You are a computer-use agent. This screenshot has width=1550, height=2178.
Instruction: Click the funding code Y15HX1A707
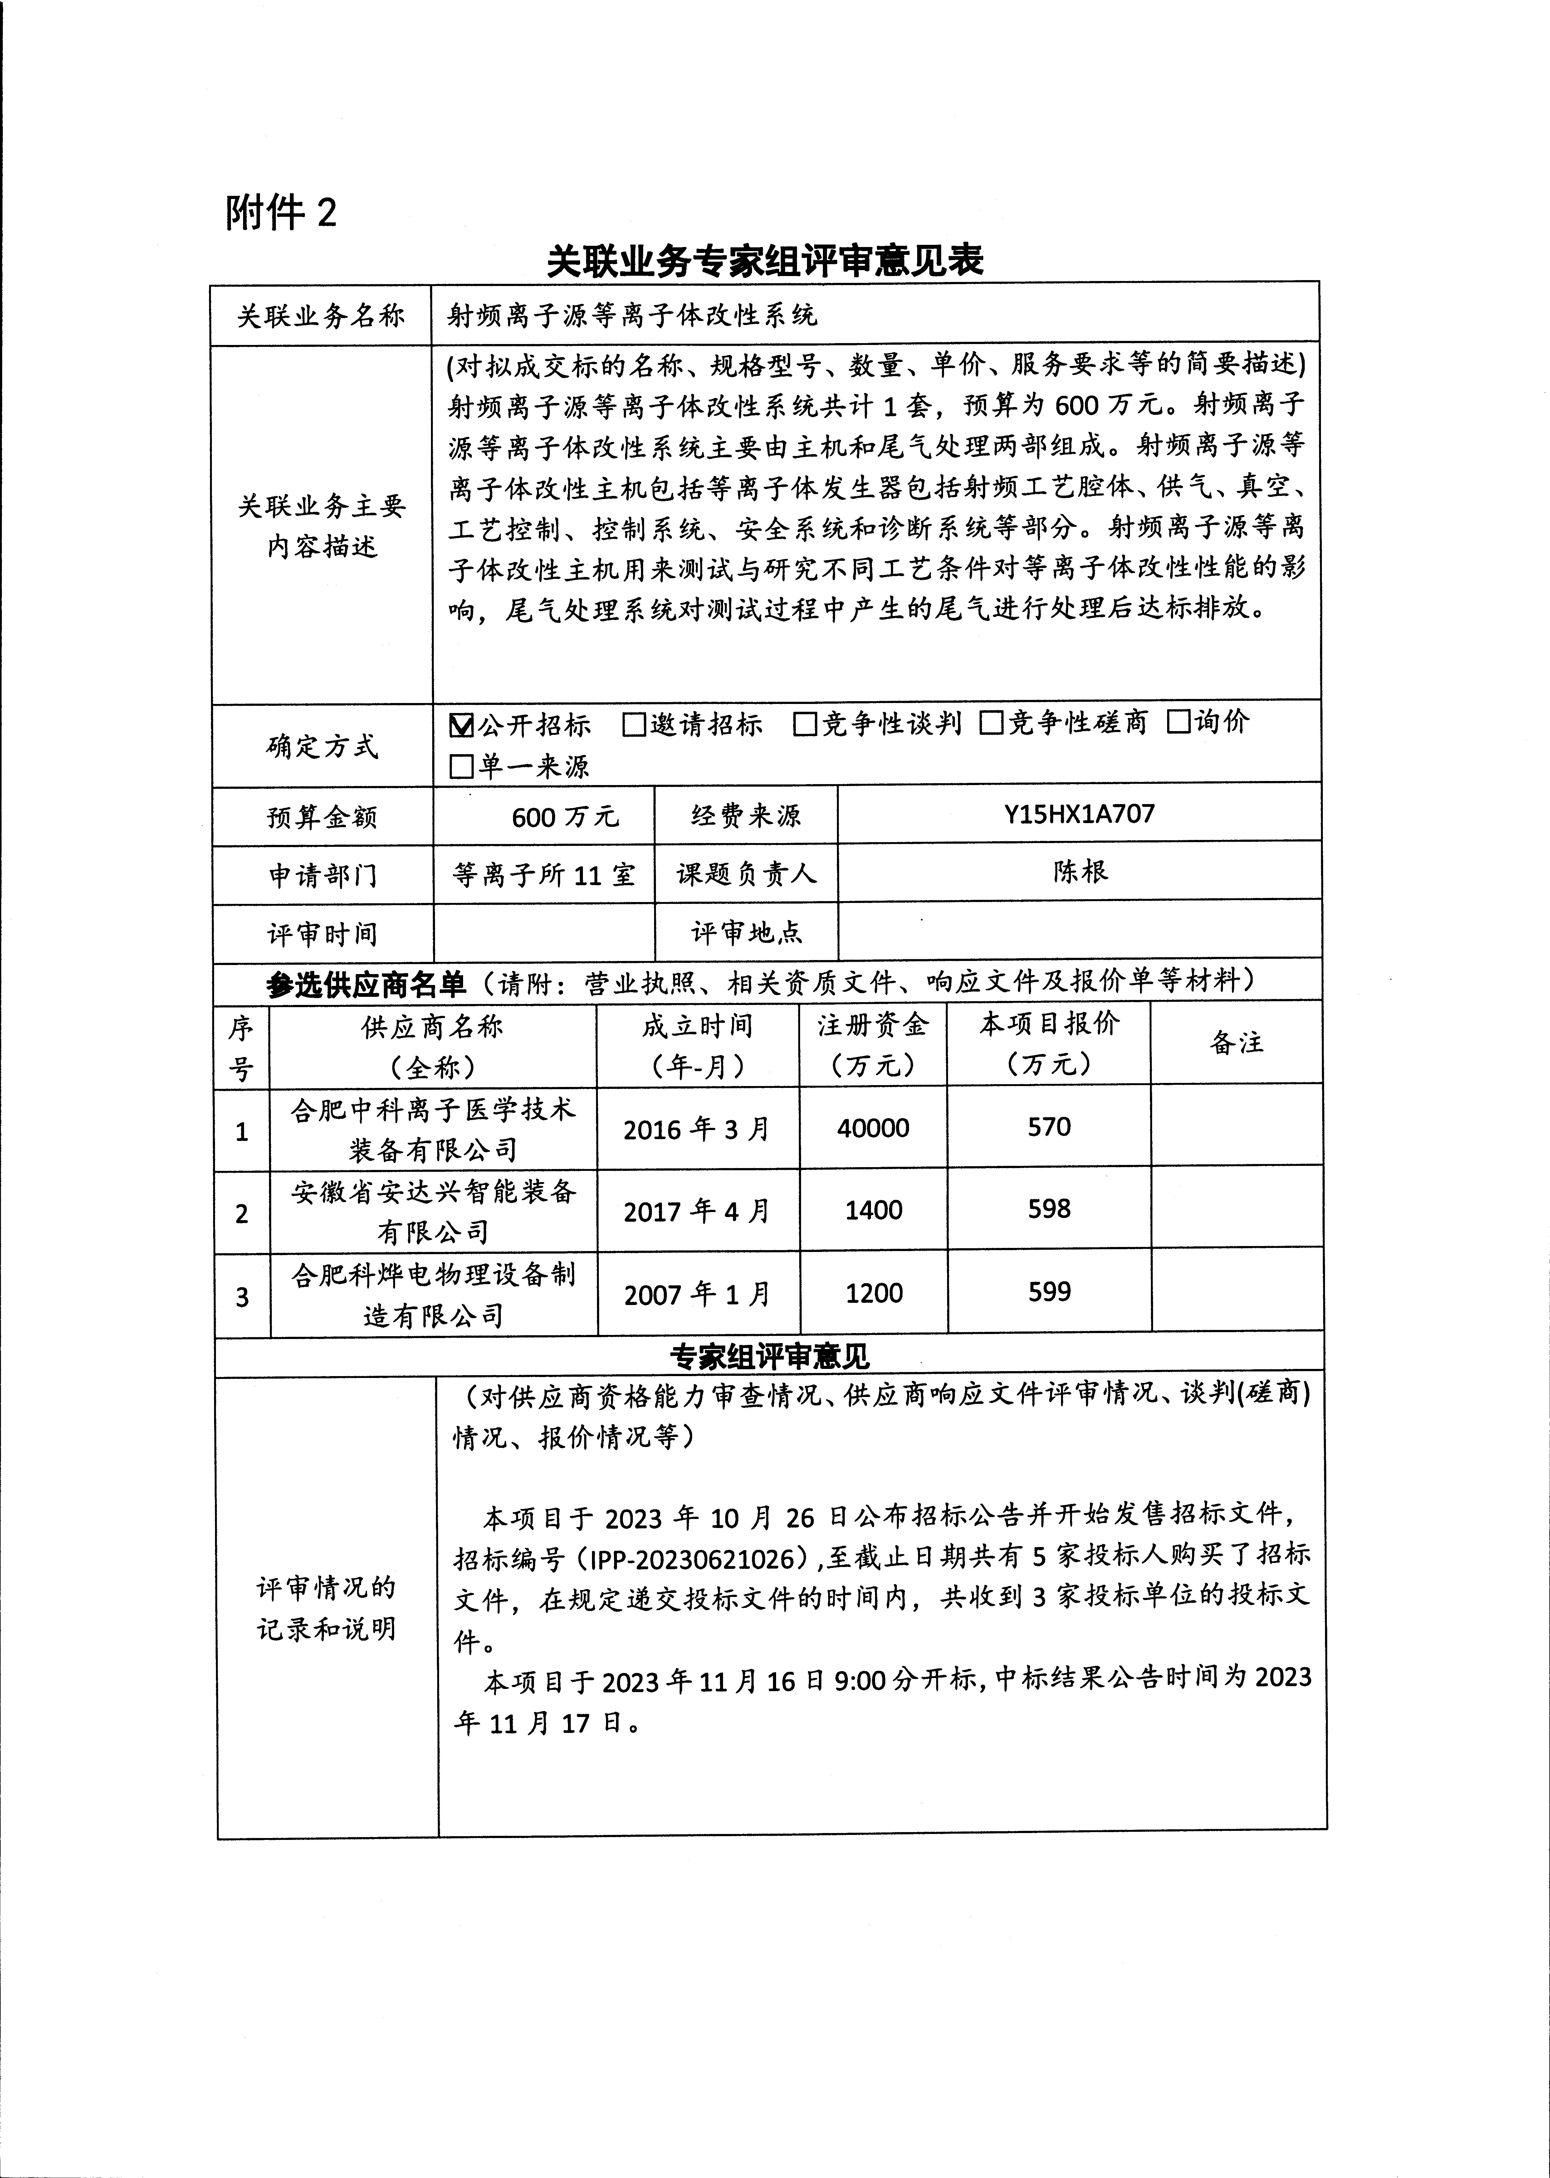(x=1079, y=814)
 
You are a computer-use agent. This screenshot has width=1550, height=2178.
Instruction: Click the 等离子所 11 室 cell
(x=544, y=874)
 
